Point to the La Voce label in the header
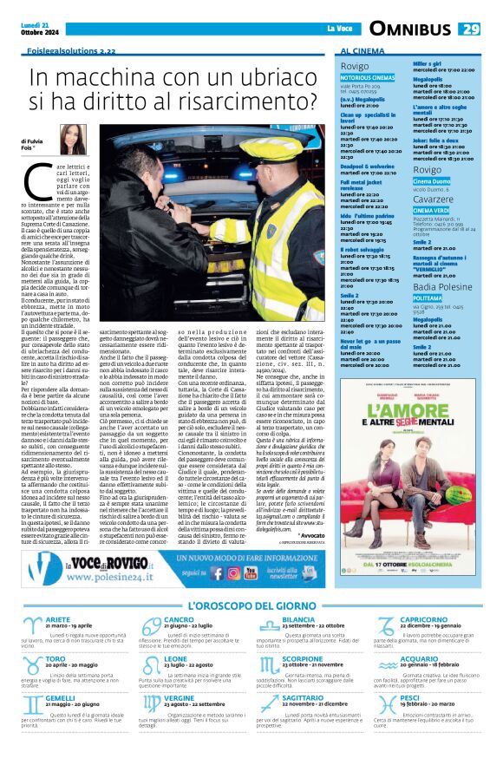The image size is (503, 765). point(340,29)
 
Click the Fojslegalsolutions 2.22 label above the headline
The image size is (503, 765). point(71,51)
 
